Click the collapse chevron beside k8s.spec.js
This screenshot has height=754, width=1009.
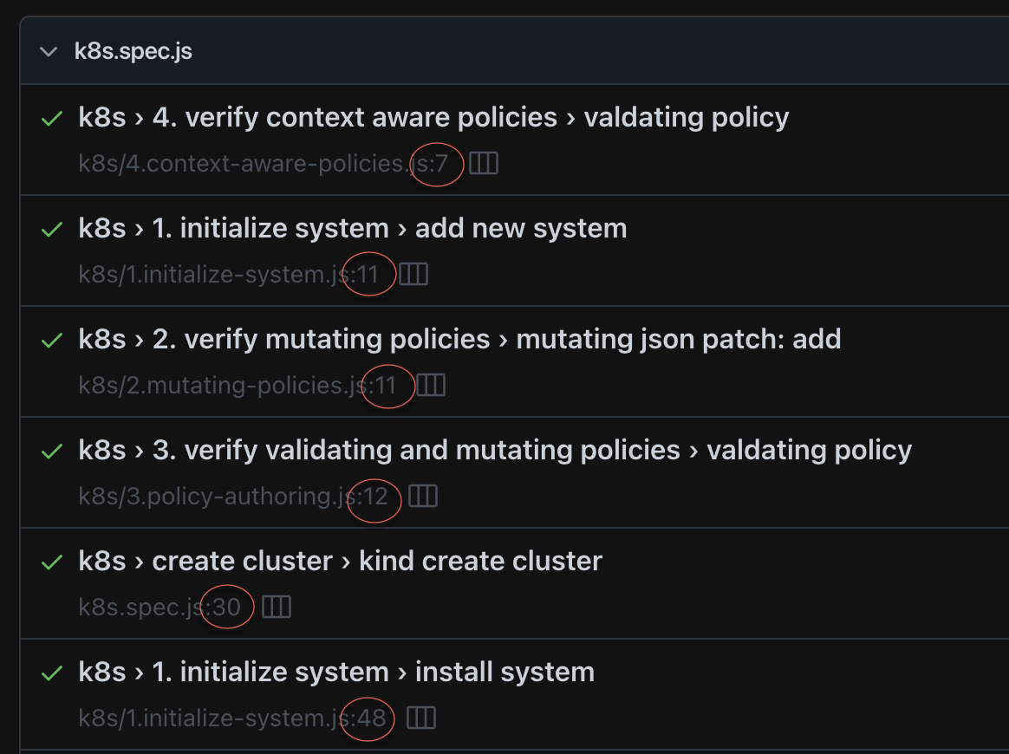49,51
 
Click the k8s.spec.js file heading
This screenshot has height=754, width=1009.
133,51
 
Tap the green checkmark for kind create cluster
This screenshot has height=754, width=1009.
52,562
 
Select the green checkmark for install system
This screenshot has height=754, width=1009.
52,673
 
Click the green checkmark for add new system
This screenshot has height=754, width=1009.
52,229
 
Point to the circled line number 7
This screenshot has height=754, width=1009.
442,164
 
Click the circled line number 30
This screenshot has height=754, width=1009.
226,608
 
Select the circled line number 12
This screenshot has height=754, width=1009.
374,497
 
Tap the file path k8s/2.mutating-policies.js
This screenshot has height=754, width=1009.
222,386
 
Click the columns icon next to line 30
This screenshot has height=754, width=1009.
277,608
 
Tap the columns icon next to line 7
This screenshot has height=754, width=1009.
484,164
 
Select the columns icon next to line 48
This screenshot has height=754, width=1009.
421,718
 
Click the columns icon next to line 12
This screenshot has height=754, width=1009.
423,497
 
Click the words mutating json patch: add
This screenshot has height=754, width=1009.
678,339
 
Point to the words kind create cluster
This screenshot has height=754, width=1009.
480,561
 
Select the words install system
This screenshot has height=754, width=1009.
504,672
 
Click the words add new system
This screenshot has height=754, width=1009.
521,228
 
